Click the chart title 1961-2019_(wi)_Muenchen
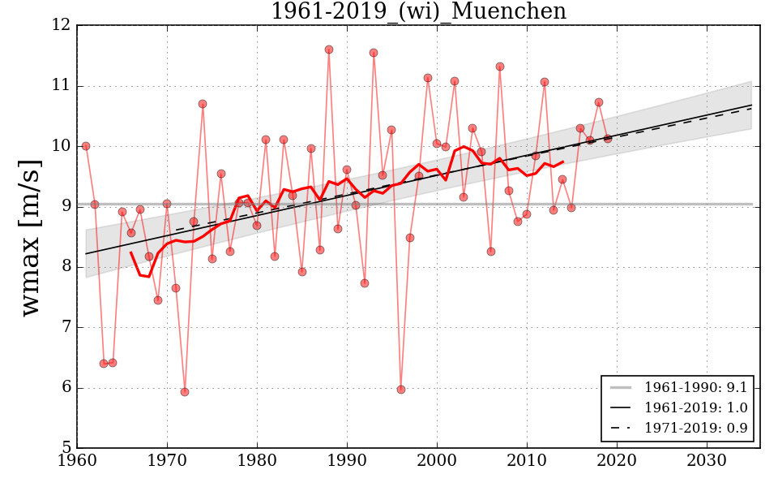[418, 11]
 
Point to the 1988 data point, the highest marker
[329, 50]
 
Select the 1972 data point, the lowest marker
[185, 392]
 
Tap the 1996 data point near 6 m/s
[401, 390]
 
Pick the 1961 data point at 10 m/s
[86, 146]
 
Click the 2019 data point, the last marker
[608, 139]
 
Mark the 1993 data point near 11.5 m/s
[374, 53]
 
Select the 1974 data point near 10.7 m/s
[203, 104]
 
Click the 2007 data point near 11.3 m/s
[500, 67]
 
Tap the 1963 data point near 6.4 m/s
[104, 364]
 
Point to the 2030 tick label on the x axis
[707, 461]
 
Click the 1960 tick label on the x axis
[77, 461]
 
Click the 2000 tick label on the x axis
[437, 461]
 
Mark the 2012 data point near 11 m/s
[545, 82]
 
